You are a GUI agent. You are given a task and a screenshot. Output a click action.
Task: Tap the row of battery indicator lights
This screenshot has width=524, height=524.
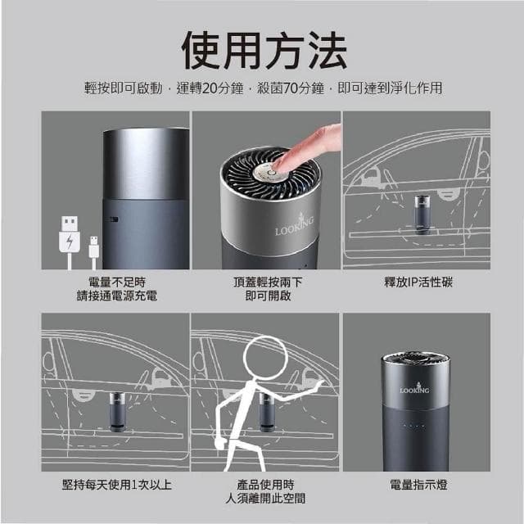click(413, 426)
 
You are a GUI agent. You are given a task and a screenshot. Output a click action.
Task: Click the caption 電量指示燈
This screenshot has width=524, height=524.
click(418, 485)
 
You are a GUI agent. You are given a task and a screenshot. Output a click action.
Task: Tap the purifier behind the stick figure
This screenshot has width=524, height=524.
click(267, 409)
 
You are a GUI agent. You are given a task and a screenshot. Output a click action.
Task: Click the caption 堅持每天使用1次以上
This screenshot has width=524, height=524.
click(117, 485)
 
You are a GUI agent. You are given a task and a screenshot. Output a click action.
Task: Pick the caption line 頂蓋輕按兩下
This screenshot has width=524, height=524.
click(268, 282)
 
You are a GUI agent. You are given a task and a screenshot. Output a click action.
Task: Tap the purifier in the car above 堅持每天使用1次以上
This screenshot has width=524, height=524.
click(117, 409)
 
